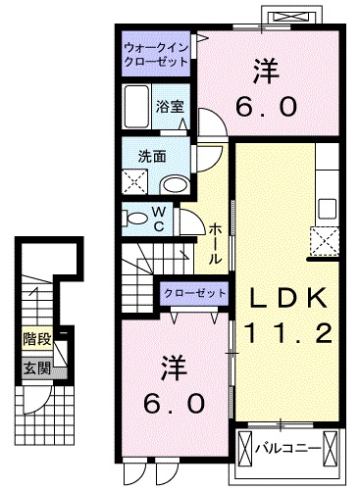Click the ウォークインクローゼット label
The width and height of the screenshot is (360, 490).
pyautogui.click(x=157, y=54)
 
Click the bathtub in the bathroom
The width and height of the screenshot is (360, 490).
pyautogui.click(x=137, y=105)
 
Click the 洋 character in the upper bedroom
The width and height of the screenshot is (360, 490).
pyautogui.click(x=263, y=71)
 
